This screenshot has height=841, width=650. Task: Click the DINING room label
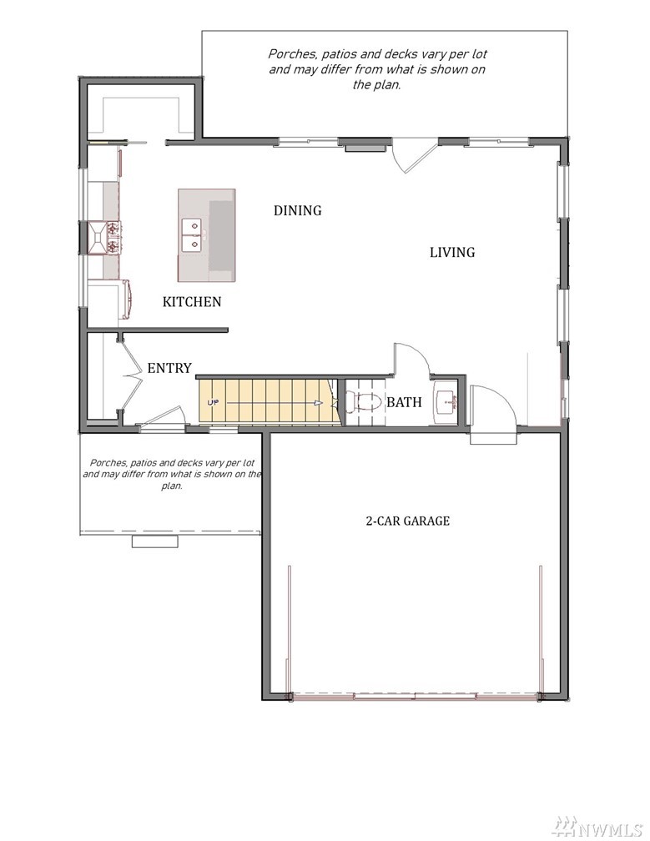coord(298,210)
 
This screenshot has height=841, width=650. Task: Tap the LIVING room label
coord(452,252)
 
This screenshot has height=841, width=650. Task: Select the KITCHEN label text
coord(192,301)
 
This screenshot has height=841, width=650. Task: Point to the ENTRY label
coord(169,368)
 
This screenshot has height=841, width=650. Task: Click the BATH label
coord(405,402)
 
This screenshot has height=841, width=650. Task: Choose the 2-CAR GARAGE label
coord(407,521)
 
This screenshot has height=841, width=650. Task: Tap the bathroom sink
coord(446,400)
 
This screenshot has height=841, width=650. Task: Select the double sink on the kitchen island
coord(191,235)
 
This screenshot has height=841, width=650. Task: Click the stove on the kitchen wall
coord(106,237)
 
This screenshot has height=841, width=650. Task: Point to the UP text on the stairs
coord(213,402)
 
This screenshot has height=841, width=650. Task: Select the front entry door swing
coord(163,417)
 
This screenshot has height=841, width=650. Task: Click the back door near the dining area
coord(411,158)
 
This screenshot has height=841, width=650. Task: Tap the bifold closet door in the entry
coord(130,375)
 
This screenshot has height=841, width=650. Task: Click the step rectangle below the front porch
coord(155,541)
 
